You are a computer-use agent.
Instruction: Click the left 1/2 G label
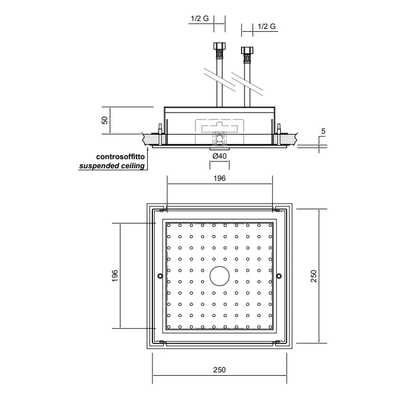click(200, 19)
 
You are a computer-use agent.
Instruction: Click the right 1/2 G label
click(267, 26)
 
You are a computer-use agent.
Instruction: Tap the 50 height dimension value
click(105, 121)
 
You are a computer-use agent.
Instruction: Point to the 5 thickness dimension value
click(323, 131)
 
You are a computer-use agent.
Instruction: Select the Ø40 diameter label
click(219, 156)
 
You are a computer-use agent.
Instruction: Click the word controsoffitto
click(121, 156)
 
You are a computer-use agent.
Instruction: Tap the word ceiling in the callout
click(131, 166)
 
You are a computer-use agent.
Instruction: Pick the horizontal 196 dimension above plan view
click(219, 178)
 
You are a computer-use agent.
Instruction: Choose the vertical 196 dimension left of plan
click(115, 276)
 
